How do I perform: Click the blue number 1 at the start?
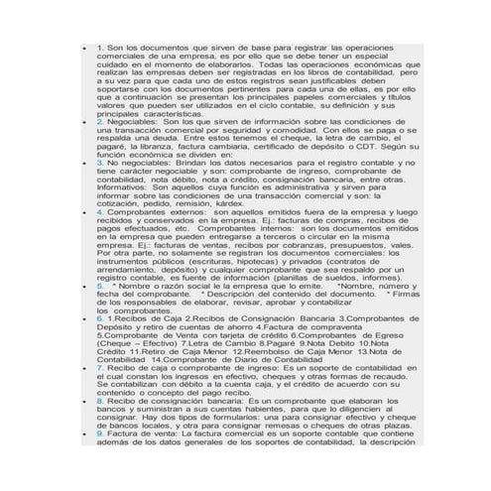coord(100,48)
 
